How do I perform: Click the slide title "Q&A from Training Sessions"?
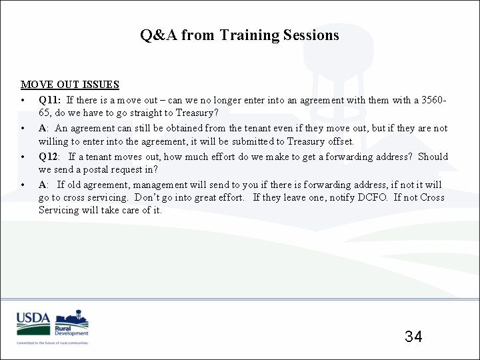239,35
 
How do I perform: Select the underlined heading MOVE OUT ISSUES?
70,85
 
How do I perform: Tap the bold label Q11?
50,100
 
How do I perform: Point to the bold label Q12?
50,157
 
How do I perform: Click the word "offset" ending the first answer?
340,141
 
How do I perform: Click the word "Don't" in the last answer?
148,197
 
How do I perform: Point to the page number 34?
413,336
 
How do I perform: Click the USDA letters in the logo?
33,319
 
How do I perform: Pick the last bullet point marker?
23,185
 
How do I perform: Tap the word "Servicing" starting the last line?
59,211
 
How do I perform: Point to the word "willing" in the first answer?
53,141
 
